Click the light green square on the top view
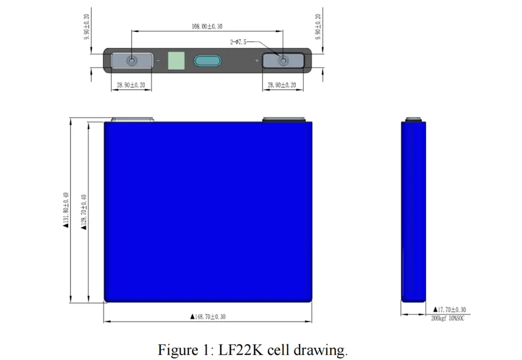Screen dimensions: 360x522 (176, 61)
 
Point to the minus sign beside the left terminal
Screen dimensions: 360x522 (158, 61)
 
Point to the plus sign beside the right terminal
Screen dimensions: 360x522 (256, 61)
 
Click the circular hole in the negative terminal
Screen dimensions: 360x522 (132, 61)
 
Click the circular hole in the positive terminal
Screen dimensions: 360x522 (283, 61)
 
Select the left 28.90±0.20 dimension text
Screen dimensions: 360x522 (131, 85)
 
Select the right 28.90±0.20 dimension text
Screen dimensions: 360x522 (282, 85)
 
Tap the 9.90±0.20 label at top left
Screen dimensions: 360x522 (87, 25)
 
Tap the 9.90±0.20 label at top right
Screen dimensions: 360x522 (318, 25)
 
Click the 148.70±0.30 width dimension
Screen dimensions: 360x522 (208, 317)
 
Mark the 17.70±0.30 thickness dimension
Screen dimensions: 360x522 (449, 310)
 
